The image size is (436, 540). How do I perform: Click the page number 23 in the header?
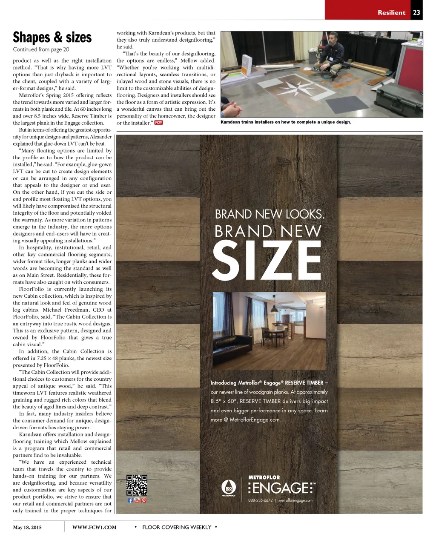416,12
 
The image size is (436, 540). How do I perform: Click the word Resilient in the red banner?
391,12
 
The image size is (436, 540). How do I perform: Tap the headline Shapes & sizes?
52,37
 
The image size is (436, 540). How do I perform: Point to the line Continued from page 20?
41,49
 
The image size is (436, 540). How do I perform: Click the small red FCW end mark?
158,123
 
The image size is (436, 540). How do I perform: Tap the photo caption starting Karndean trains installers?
286,122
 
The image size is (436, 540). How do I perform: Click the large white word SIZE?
267,260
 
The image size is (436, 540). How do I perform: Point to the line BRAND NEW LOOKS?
269,214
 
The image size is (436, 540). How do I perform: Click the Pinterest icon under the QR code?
144,500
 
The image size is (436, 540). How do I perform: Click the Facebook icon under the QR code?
130,500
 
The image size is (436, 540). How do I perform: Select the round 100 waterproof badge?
229,488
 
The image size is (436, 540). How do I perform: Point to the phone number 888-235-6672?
260,500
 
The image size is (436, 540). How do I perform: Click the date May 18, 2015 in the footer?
27,528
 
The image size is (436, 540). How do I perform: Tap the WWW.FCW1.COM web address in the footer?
94,528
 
